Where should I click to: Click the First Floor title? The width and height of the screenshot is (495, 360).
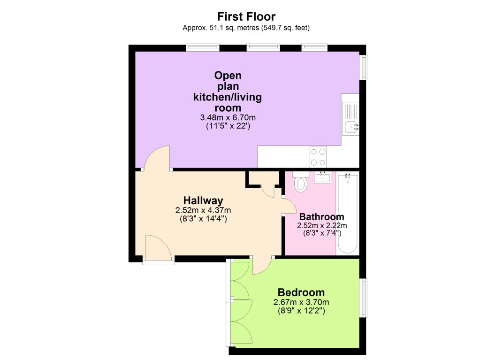pos(246,17)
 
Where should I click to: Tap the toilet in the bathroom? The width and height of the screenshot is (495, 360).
pos(301,183)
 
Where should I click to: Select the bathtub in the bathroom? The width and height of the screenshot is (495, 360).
pos(348,214)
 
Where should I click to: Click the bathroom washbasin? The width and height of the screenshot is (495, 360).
pos(322,178)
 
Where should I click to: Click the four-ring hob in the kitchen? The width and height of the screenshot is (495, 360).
pos(319,157)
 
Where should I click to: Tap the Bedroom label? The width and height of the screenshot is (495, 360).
pos(301,292)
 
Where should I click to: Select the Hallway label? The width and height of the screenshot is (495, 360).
pos(203,200)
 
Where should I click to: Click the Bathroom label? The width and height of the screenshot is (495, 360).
pos(321,217)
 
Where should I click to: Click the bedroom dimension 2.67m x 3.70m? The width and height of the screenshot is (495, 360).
pos(301,302)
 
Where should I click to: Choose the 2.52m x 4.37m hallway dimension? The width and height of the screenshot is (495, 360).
pos(203,210)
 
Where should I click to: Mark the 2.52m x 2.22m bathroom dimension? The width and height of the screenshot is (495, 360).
pos(319,225)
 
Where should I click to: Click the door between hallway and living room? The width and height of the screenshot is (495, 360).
pos(157,158)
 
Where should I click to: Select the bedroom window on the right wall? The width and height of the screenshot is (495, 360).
pos(363,298)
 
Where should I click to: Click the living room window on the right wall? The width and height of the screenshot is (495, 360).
pos(363,67)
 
